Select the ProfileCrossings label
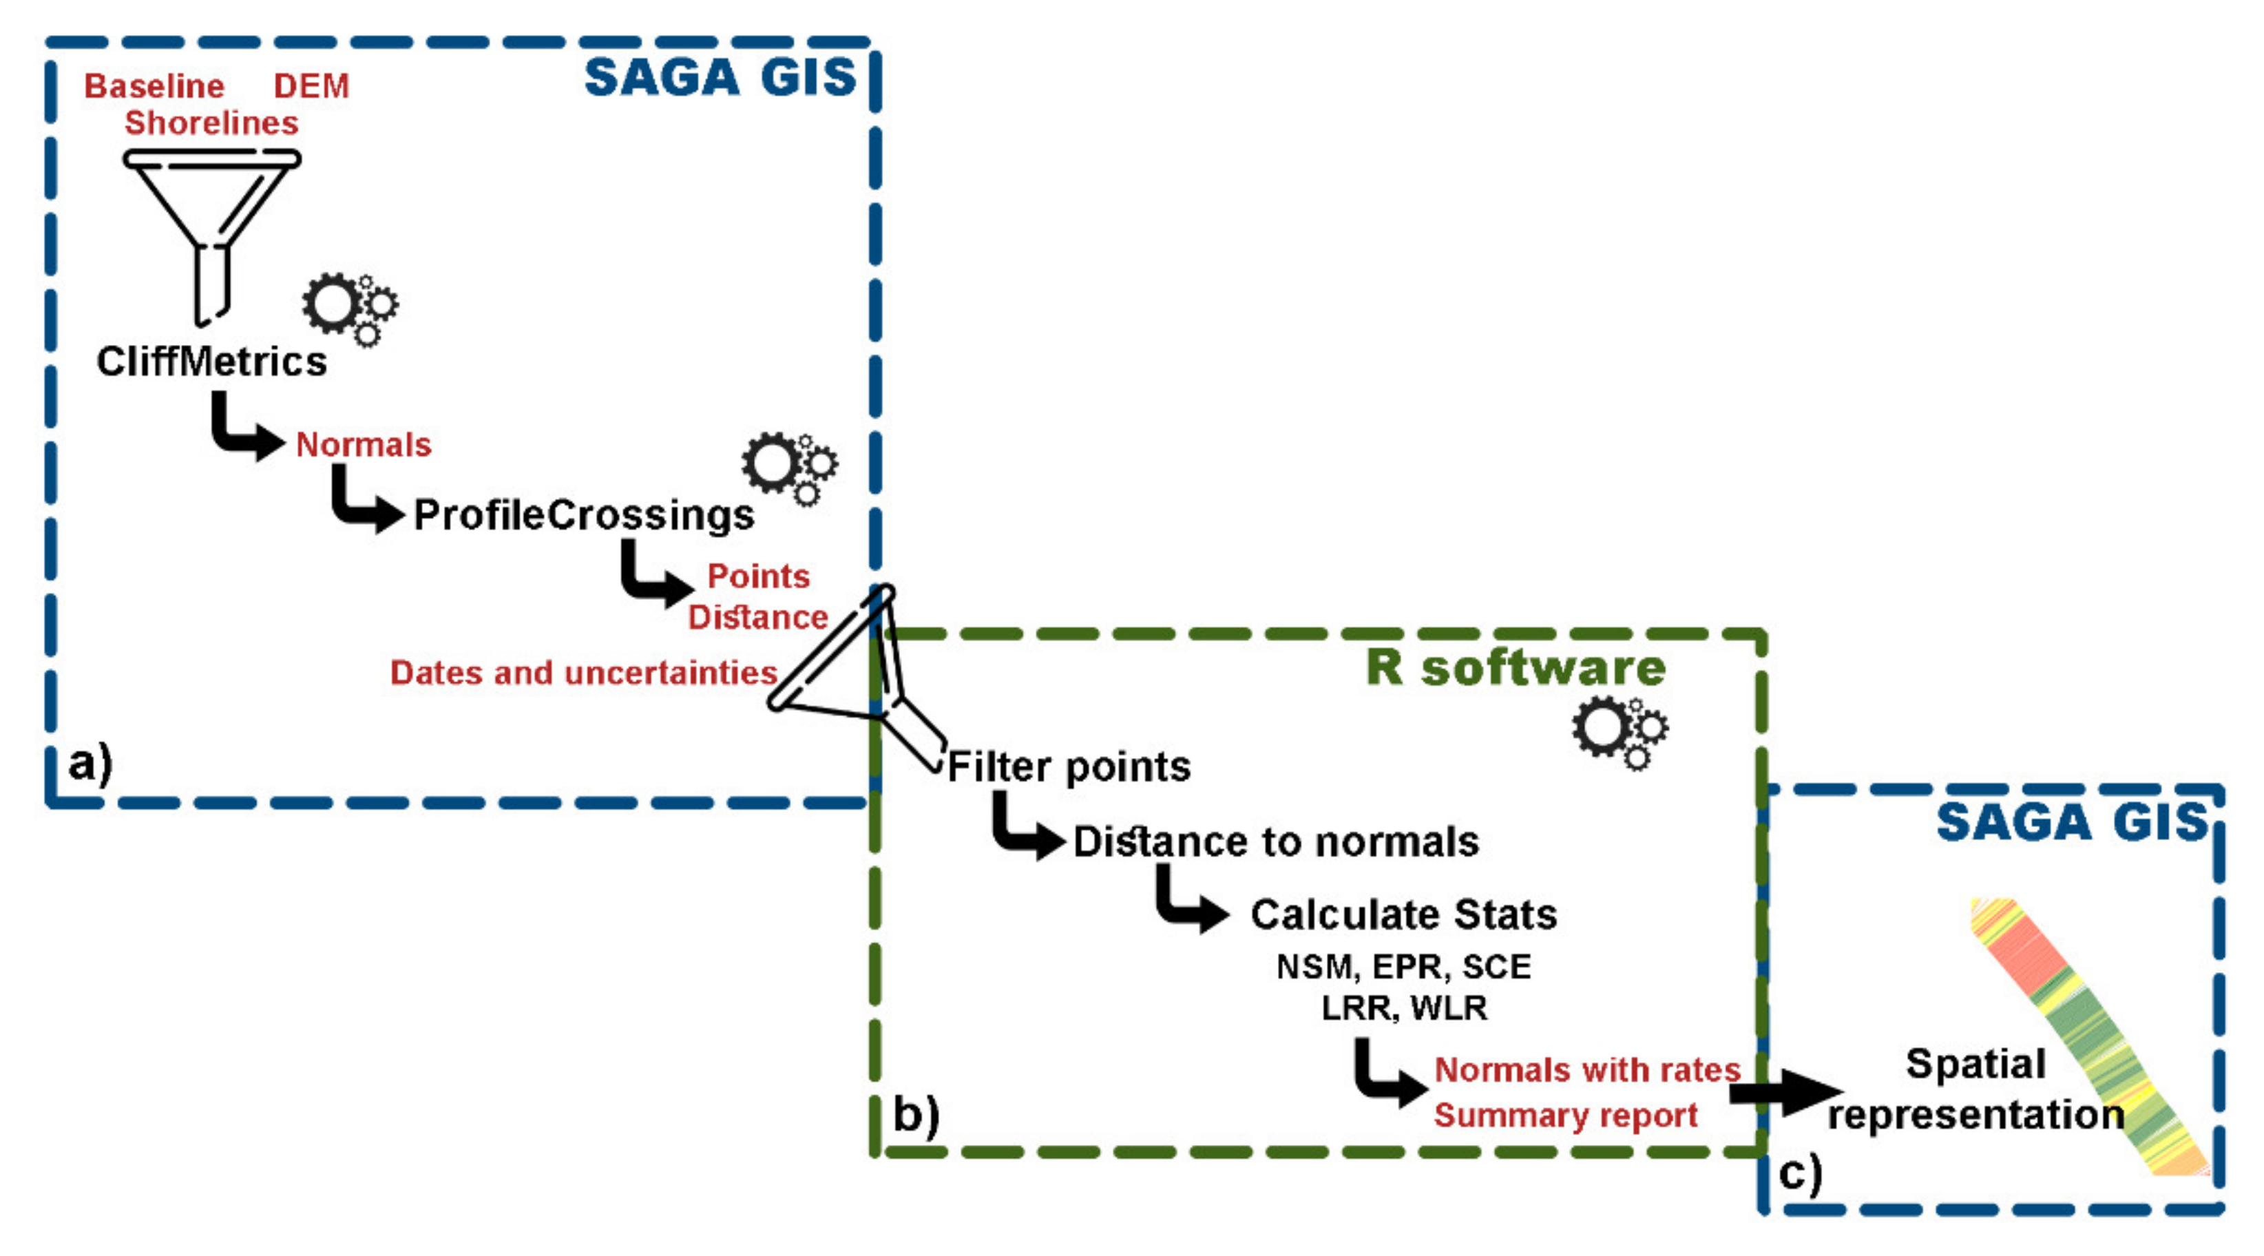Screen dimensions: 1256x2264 coord(584,514)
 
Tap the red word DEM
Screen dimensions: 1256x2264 coord(311,86)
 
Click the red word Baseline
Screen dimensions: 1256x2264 coord(155,86)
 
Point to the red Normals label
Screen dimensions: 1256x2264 coord(363,445)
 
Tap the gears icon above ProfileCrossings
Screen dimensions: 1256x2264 coord(788,467)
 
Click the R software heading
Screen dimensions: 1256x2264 coord(1516,668)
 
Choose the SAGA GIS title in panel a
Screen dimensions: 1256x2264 coord(720,77)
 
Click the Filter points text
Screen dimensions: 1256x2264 coord(1069,766)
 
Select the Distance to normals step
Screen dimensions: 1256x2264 coord(1276,842)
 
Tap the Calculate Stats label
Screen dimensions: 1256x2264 coord(1403,915)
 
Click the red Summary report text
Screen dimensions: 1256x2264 coord(1565,1116)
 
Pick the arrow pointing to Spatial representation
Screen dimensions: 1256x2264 coord(1784,1093)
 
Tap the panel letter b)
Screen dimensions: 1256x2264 coord(916,1114)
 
